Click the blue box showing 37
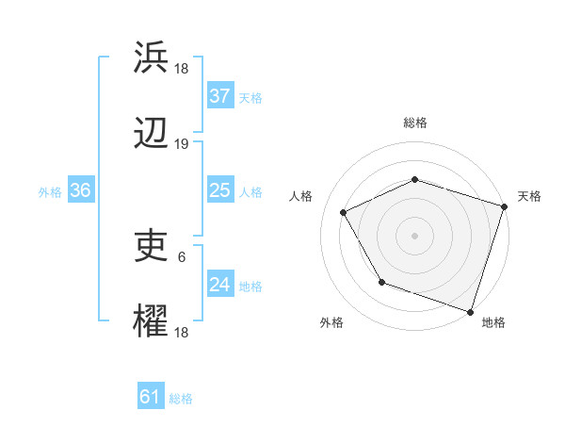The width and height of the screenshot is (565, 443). [x=219, y=96]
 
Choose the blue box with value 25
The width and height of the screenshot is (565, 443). [x=219, y=190]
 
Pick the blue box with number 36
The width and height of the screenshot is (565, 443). [x=80, y=190]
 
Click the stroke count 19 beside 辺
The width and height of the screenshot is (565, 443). [x=182, y=144]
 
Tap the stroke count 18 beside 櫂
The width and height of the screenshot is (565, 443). [x=182, y=332]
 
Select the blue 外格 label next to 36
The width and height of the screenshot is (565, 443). [x=50, y=191]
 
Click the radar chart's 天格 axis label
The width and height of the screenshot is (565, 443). [x=529, y=196]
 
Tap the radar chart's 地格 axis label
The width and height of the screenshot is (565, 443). [x=493, y=322]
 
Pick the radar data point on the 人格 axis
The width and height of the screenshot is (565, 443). [x=343, y=212]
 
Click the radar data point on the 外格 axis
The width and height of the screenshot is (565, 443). [x=381, y=282]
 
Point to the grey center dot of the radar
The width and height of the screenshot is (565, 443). [x=414, y=235]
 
